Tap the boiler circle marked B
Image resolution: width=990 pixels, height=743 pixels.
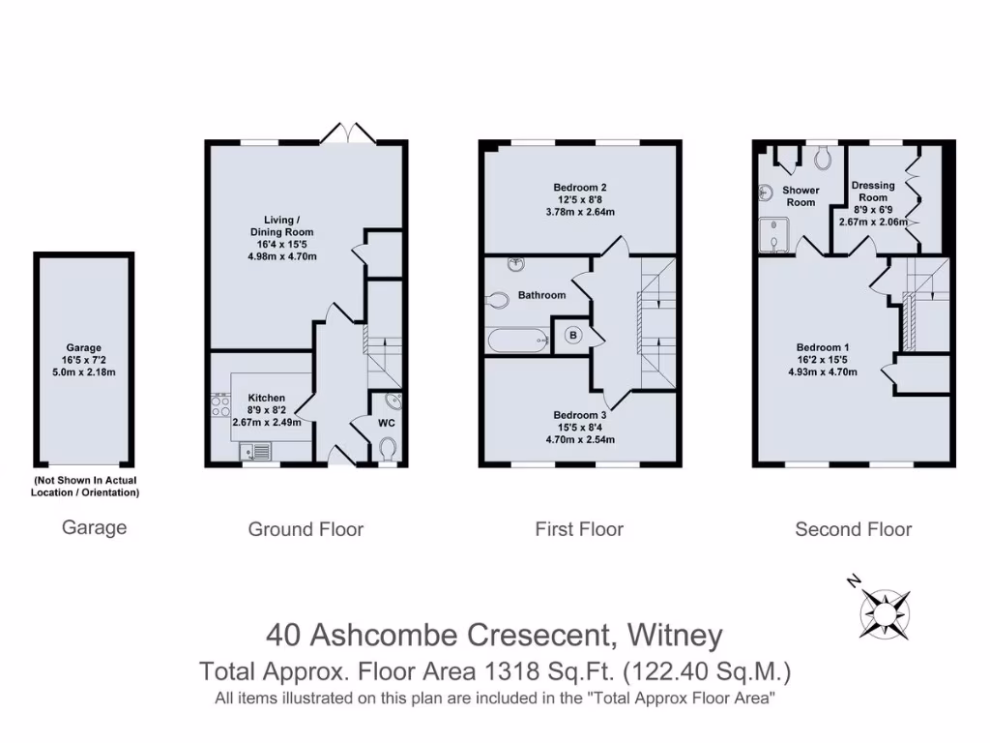pos(572,336)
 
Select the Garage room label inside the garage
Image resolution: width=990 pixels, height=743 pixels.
pos(83,347)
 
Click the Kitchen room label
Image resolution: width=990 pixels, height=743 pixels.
pos(266,398)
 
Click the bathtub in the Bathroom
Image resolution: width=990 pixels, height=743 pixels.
pos(516,341)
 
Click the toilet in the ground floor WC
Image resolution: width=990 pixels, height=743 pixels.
pos(388,448)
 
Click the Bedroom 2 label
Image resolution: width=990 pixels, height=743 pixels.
pos(580,187)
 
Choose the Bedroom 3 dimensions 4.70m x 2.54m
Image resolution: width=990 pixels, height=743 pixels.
pos(580,439)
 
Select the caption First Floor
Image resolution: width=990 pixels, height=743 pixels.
pos(579,529)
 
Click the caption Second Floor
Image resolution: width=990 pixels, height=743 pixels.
pos(853,529)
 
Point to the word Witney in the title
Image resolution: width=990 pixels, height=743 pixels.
pos(675,635)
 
